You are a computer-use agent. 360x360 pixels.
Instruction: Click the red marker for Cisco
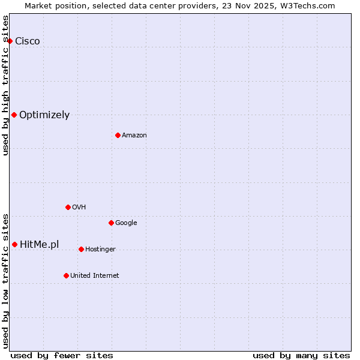(x=10, y=41)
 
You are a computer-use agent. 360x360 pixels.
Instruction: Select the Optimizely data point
(x=14, y=115)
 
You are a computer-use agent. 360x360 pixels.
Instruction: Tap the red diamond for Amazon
(x=118, y=135)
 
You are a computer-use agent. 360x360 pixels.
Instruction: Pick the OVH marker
(x=68, y=207)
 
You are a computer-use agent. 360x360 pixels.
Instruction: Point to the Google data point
(x=111, y=223)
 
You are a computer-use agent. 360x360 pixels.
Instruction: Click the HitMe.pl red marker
(x=14, y=244)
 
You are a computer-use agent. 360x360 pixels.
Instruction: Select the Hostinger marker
(x=81, y=249)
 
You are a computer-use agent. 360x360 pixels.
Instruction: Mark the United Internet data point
(x=66, y=275)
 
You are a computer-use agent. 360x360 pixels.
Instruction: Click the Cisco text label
(x=28, y=41)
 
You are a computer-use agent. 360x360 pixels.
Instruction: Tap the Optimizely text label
(x=44, y=115)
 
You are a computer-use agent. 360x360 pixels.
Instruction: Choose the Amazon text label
(x=134, y=135)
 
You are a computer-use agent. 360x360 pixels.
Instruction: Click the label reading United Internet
(x=95, y=275)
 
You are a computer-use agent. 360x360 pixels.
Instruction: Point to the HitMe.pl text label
(x=40, y=244)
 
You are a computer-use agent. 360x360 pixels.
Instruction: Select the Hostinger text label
(x=100, y=249)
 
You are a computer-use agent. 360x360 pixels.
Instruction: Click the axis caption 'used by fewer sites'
(x=62, y=355)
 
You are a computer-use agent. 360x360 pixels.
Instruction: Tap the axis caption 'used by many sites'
(x=301, y=355)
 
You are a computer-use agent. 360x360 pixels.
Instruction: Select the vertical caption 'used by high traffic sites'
(x=6, y=85)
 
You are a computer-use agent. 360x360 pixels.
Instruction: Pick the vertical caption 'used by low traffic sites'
(x=6, y=280)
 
